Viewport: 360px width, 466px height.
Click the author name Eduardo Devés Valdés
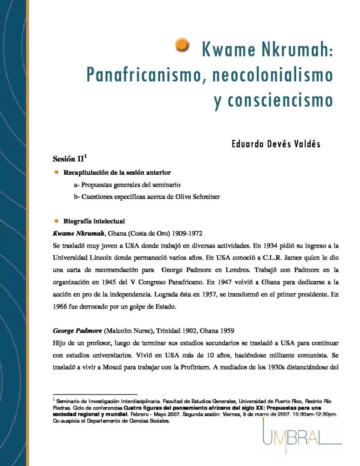point(276,144)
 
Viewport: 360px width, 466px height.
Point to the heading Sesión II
point(70,159)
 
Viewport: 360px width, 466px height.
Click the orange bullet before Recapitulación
point(56,172)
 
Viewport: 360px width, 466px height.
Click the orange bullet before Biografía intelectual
point(56,221)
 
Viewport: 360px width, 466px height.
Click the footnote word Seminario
point(69,401)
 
